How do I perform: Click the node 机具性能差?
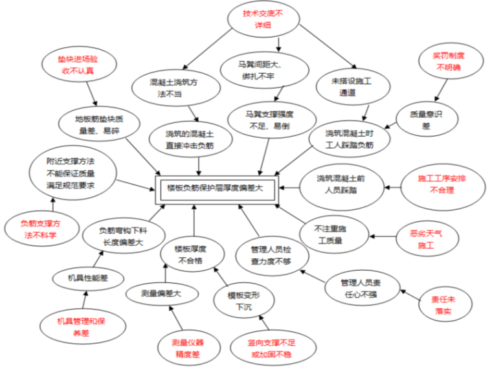pos(88,279)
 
